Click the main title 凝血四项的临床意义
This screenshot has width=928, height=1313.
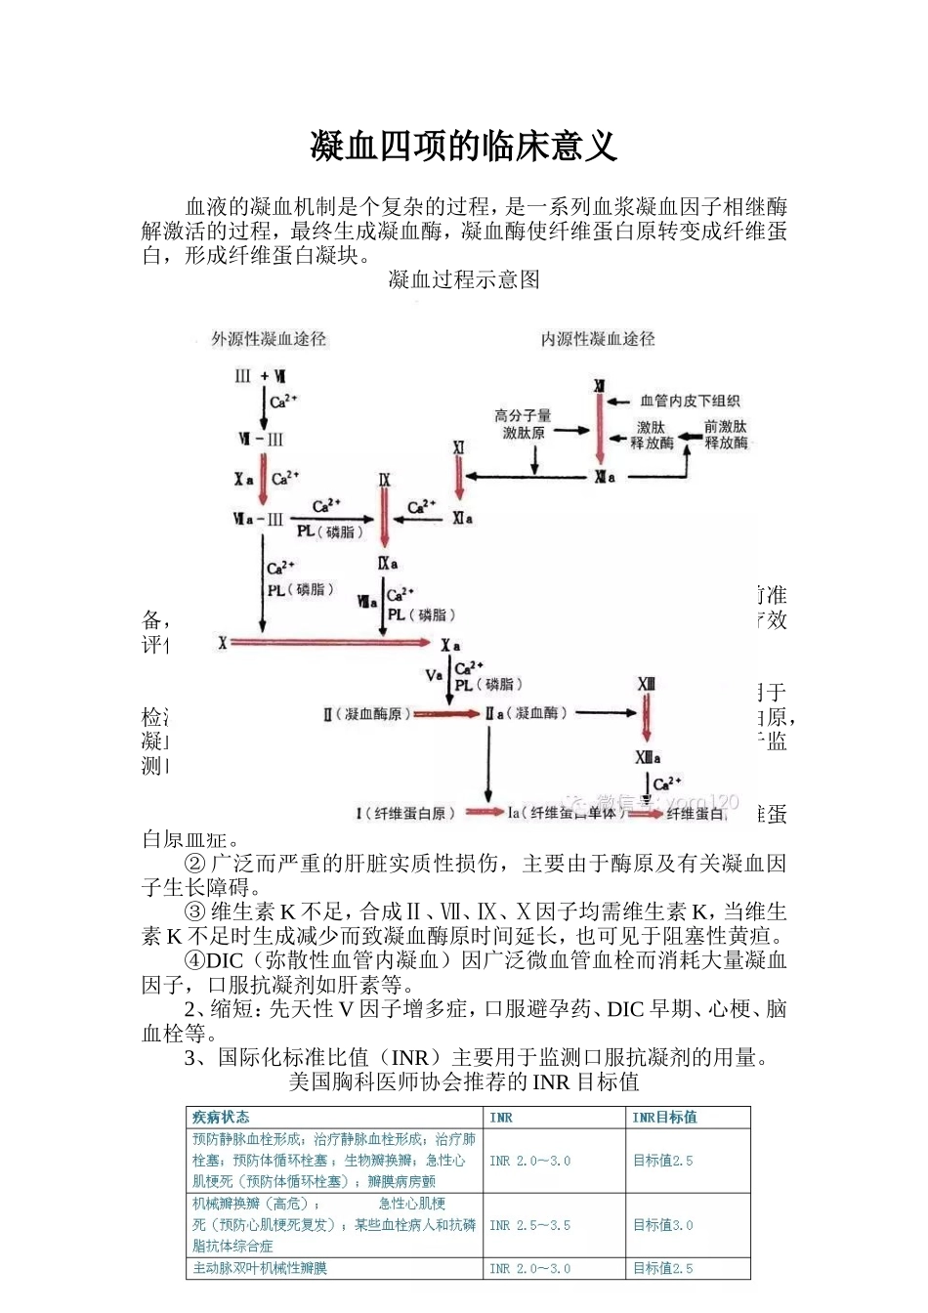tap(464, 147)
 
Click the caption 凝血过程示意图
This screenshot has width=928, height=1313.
tap(464, 280)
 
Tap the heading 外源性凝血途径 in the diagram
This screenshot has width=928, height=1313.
tap(269, 339)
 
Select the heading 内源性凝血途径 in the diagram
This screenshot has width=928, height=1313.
tap(598, 339)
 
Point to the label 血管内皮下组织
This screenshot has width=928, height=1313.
tap(690, 401)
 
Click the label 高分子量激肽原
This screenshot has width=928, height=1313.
tap(523, 424)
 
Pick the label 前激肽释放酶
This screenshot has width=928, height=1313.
tap(726, 435)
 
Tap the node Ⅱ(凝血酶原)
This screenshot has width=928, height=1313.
tap(367, 714)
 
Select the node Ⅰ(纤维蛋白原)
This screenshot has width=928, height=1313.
tap(404, 813)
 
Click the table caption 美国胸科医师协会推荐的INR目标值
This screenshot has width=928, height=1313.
tap(464, 1081)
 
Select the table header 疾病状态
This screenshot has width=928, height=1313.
tap(221, 1118)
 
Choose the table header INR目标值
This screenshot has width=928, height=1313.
tap(664, 1118)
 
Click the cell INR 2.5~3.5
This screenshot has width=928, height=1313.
tap(529, 1225)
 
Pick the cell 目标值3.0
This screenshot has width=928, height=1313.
tap(663, 1225)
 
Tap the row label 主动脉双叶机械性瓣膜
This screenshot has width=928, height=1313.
tap(260, 1268)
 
